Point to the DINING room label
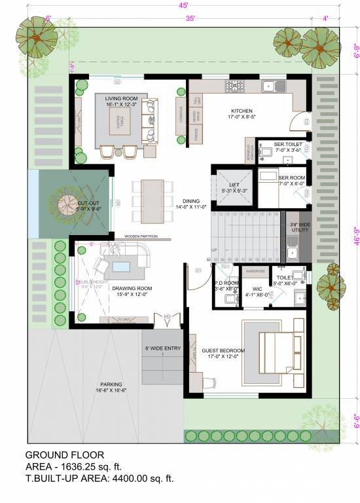point(191,202)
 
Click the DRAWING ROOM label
point(132,288)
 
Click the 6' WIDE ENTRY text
point(162,348)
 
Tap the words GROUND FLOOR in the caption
point(64,455)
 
